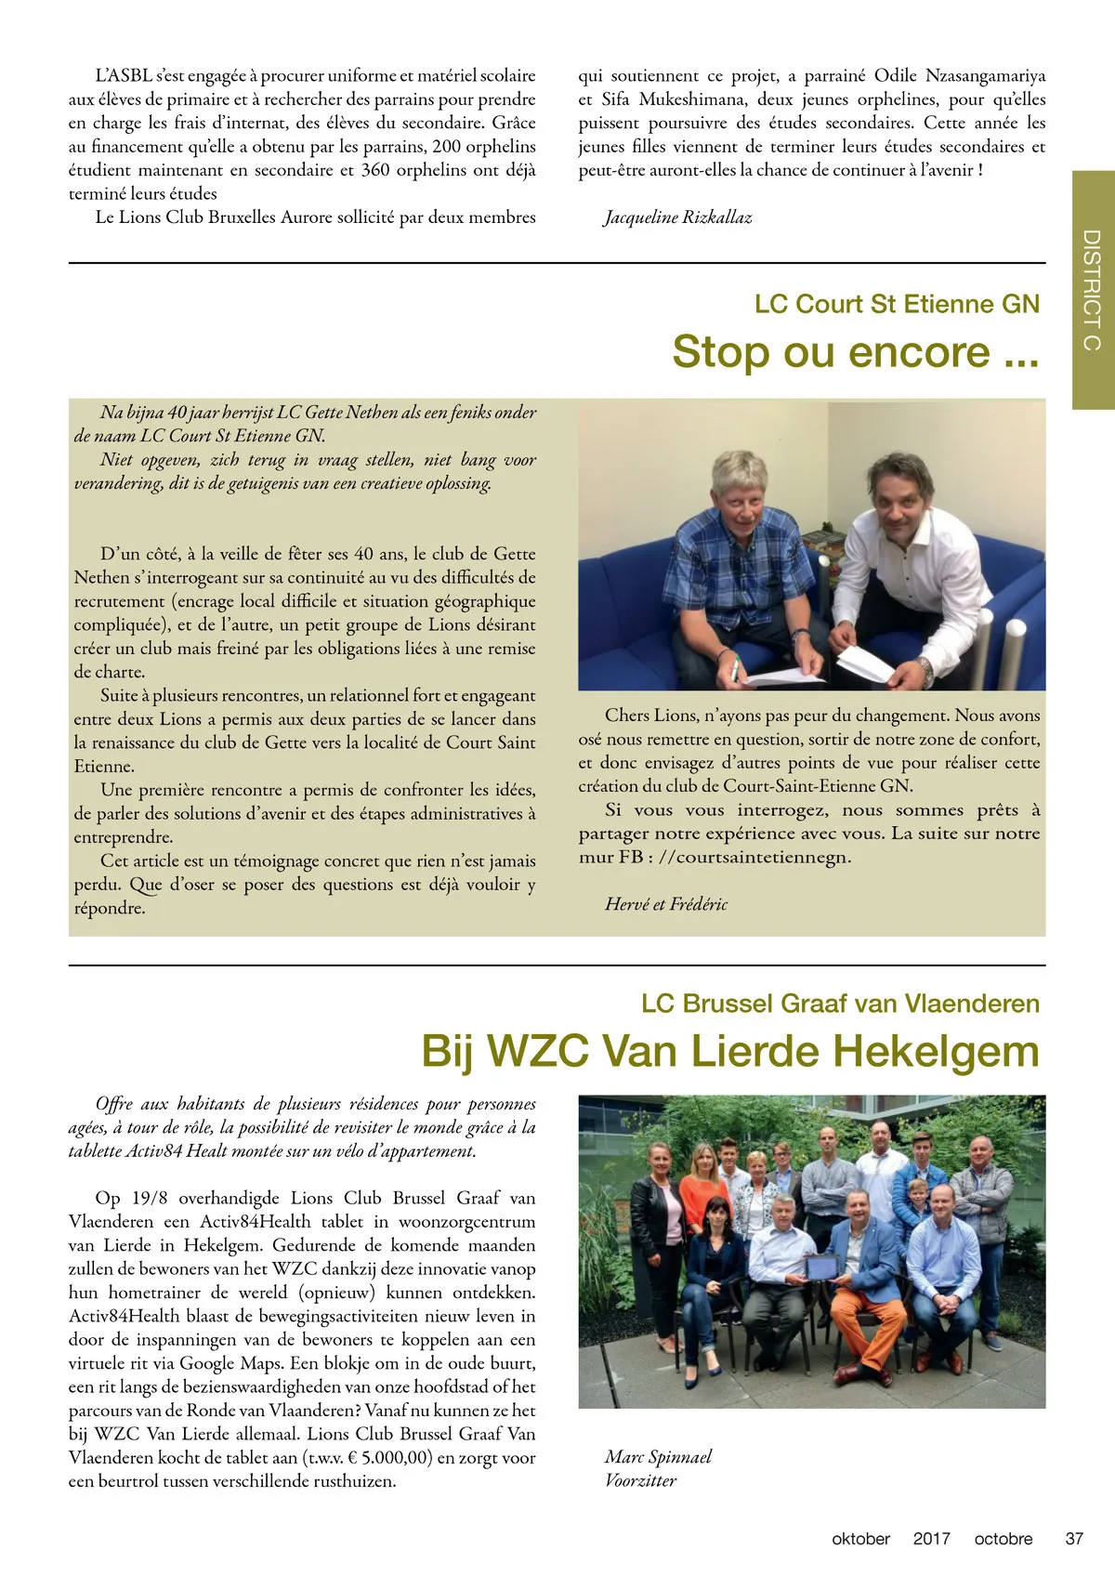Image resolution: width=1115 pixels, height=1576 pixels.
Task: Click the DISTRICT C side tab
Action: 1093,289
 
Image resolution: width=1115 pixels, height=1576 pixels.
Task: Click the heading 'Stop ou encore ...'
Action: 855,352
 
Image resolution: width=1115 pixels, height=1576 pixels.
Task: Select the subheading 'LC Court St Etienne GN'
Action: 897,304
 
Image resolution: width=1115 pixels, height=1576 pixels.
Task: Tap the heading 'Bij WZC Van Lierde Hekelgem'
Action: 730,1051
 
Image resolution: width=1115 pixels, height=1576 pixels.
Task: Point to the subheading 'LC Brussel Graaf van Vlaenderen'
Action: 840,1004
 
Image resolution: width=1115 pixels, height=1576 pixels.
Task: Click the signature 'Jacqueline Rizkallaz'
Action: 677,217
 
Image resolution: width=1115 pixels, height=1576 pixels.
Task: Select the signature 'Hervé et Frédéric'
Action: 666,904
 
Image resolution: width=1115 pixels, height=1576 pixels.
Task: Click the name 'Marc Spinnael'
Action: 658,1456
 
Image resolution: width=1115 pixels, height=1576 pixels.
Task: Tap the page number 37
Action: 1074,1539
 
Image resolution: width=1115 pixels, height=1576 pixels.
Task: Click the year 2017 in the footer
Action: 931,1539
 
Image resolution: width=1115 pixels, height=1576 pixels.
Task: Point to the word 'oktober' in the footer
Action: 860,1539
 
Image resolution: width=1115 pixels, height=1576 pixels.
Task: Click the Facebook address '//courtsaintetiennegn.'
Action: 754,857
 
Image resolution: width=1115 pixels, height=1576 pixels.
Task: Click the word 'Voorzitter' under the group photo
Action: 640,1480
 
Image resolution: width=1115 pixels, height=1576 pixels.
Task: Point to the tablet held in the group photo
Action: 820,1266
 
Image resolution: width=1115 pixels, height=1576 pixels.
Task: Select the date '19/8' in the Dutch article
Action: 150,1198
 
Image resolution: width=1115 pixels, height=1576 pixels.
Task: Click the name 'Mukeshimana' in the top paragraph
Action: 691,99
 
